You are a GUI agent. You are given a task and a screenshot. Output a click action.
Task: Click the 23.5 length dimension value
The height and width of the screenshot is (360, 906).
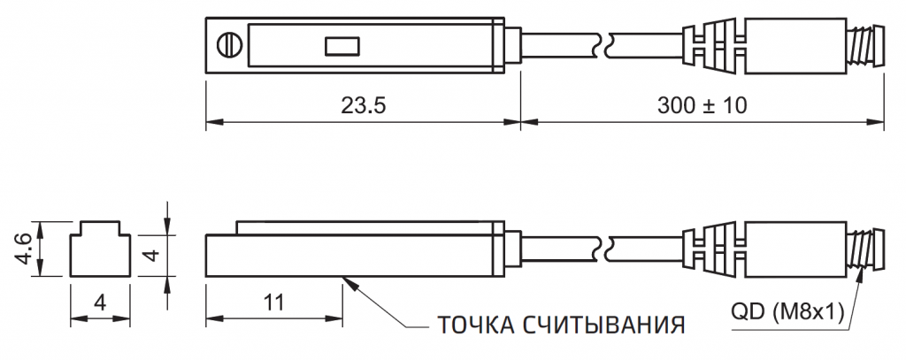[363, 105]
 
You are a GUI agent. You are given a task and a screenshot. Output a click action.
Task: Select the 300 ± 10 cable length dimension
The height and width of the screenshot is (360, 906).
[703, 105]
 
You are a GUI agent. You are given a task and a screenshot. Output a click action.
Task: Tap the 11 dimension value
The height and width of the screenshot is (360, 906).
[273, 303]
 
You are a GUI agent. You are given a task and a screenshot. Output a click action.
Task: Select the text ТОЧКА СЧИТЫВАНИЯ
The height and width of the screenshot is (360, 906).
[561, 324]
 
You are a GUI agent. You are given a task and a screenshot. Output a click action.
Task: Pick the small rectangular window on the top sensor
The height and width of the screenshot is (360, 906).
[341, 44]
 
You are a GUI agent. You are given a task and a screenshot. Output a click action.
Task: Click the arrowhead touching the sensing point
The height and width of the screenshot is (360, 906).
[348, 281]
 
